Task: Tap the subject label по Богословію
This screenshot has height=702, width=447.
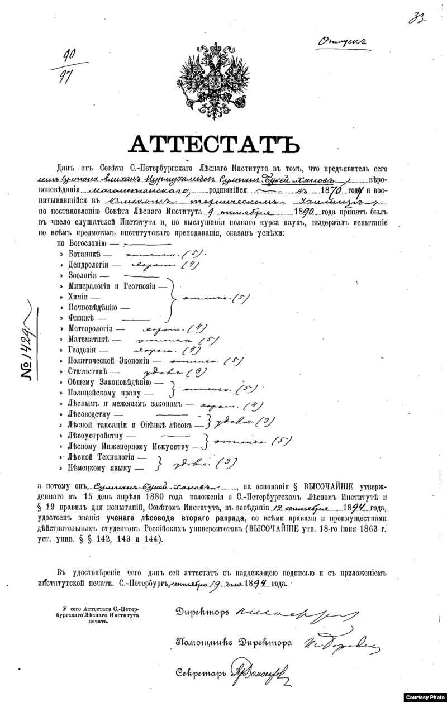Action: (84, 243)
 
